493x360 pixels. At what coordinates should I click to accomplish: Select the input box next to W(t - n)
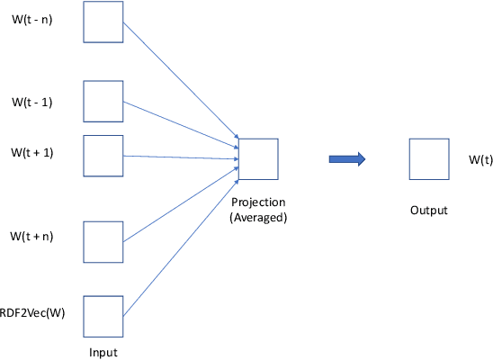pos(103,22)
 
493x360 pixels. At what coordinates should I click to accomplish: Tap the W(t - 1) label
pos(31,102)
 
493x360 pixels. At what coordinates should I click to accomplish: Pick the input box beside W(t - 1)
pos(103,102)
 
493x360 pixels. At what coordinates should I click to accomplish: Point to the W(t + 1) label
pos(31,152)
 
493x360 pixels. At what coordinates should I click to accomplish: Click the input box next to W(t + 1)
pos(103,156)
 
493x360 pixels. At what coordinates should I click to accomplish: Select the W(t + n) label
pos(31,237)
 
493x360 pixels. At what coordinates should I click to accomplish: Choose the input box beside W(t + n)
pos(103,239)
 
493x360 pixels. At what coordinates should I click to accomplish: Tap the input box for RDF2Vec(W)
pos(103,316)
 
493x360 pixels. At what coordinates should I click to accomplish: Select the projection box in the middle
pos(258,159)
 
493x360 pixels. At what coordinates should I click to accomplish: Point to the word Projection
pos(258,203)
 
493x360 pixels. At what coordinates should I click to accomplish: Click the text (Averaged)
pos(258,217)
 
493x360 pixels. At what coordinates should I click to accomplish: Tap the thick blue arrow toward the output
pos(346,159)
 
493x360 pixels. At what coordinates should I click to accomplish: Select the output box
pos(428,159)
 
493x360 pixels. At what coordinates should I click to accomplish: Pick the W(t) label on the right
pos(480,159)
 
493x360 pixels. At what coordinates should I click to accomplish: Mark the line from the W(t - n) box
pos(180,80)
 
